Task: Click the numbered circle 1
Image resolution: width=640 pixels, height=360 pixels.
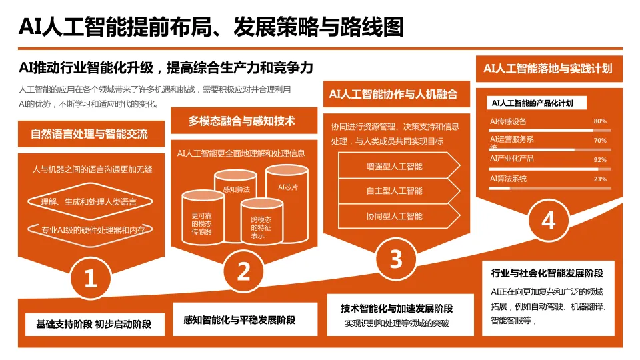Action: coord(91,278)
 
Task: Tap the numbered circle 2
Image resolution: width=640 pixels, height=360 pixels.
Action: coord(244,271)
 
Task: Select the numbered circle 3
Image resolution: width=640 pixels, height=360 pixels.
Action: coord(396,258)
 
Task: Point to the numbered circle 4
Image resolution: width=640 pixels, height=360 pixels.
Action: coord(548,220)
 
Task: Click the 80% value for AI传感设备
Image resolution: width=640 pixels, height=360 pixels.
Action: coord(600,121)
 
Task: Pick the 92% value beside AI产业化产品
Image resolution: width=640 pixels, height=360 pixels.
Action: coord(600,160)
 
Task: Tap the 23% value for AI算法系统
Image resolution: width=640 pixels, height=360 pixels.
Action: coord(600,179)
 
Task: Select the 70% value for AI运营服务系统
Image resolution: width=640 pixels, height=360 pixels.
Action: coord(600,141)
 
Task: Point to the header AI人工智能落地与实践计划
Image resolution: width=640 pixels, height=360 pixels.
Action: coord(548,68)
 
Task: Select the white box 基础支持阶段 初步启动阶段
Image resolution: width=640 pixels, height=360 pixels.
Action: coord(93,325)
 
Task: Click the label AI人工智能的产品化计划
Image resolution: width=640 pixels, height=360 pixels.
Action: coord(532,103)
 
